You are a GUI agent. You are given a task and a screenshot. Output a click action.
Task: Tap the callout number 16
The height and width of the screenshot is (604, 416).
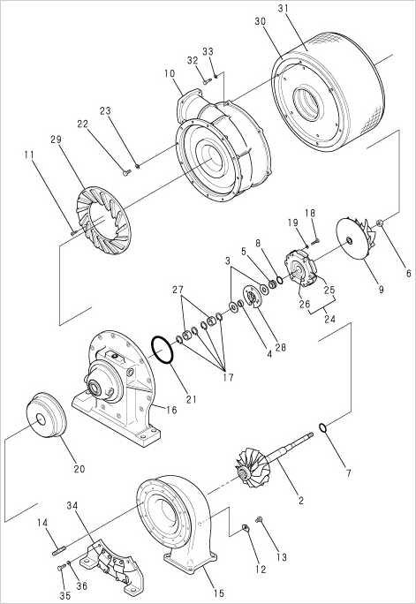click(171, 410)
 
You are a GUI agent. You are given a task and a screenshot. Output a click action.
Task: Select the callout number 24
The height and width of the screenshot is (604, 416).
click(329, 319)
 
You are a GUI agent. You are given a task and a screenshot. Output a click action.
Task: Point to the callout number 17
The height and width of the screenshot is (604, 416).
click(228, 377)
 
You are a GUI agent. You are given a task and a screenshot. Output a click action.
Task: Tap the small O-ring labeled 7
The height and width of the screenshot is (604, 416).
click(323, 428)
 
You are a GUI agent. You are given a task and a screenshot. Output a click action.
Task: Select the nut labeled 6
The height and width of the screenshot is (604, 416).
click(380, 223)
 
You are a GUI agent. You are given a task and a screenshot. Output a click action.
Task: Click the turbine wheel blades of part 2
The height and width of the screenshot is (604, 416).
click(252, 467)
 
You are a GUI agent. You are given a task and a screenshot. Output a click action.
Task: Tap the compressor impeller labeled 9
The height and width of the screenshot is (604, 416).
click(355, 238)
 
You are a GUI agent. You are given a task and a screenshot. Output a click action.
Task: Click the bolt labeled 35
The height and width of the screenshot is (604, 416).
click(60, 568)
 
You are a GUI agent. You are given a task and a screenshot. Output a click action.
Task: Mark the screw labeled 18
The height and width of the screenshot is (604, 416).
click(316, 241)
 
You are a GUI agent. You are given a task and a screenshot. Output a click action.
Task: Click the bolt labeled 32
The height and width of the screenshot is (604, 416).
click(208, 81)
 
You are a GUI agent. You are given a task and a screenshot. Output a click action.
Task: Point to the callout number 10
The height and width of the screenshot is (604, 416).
click(170, 73)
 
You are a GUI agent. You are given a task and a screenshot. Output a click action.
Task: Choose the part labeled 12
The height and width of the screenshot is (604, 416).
click(245, 528)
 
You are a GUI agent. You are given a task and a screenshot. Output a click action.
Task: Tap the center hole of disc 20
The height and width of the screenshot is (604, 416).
click(41, 419)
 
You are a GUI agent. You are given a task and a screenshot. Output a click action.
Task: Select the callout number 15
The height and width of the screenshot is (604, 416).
click(218, 593)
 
